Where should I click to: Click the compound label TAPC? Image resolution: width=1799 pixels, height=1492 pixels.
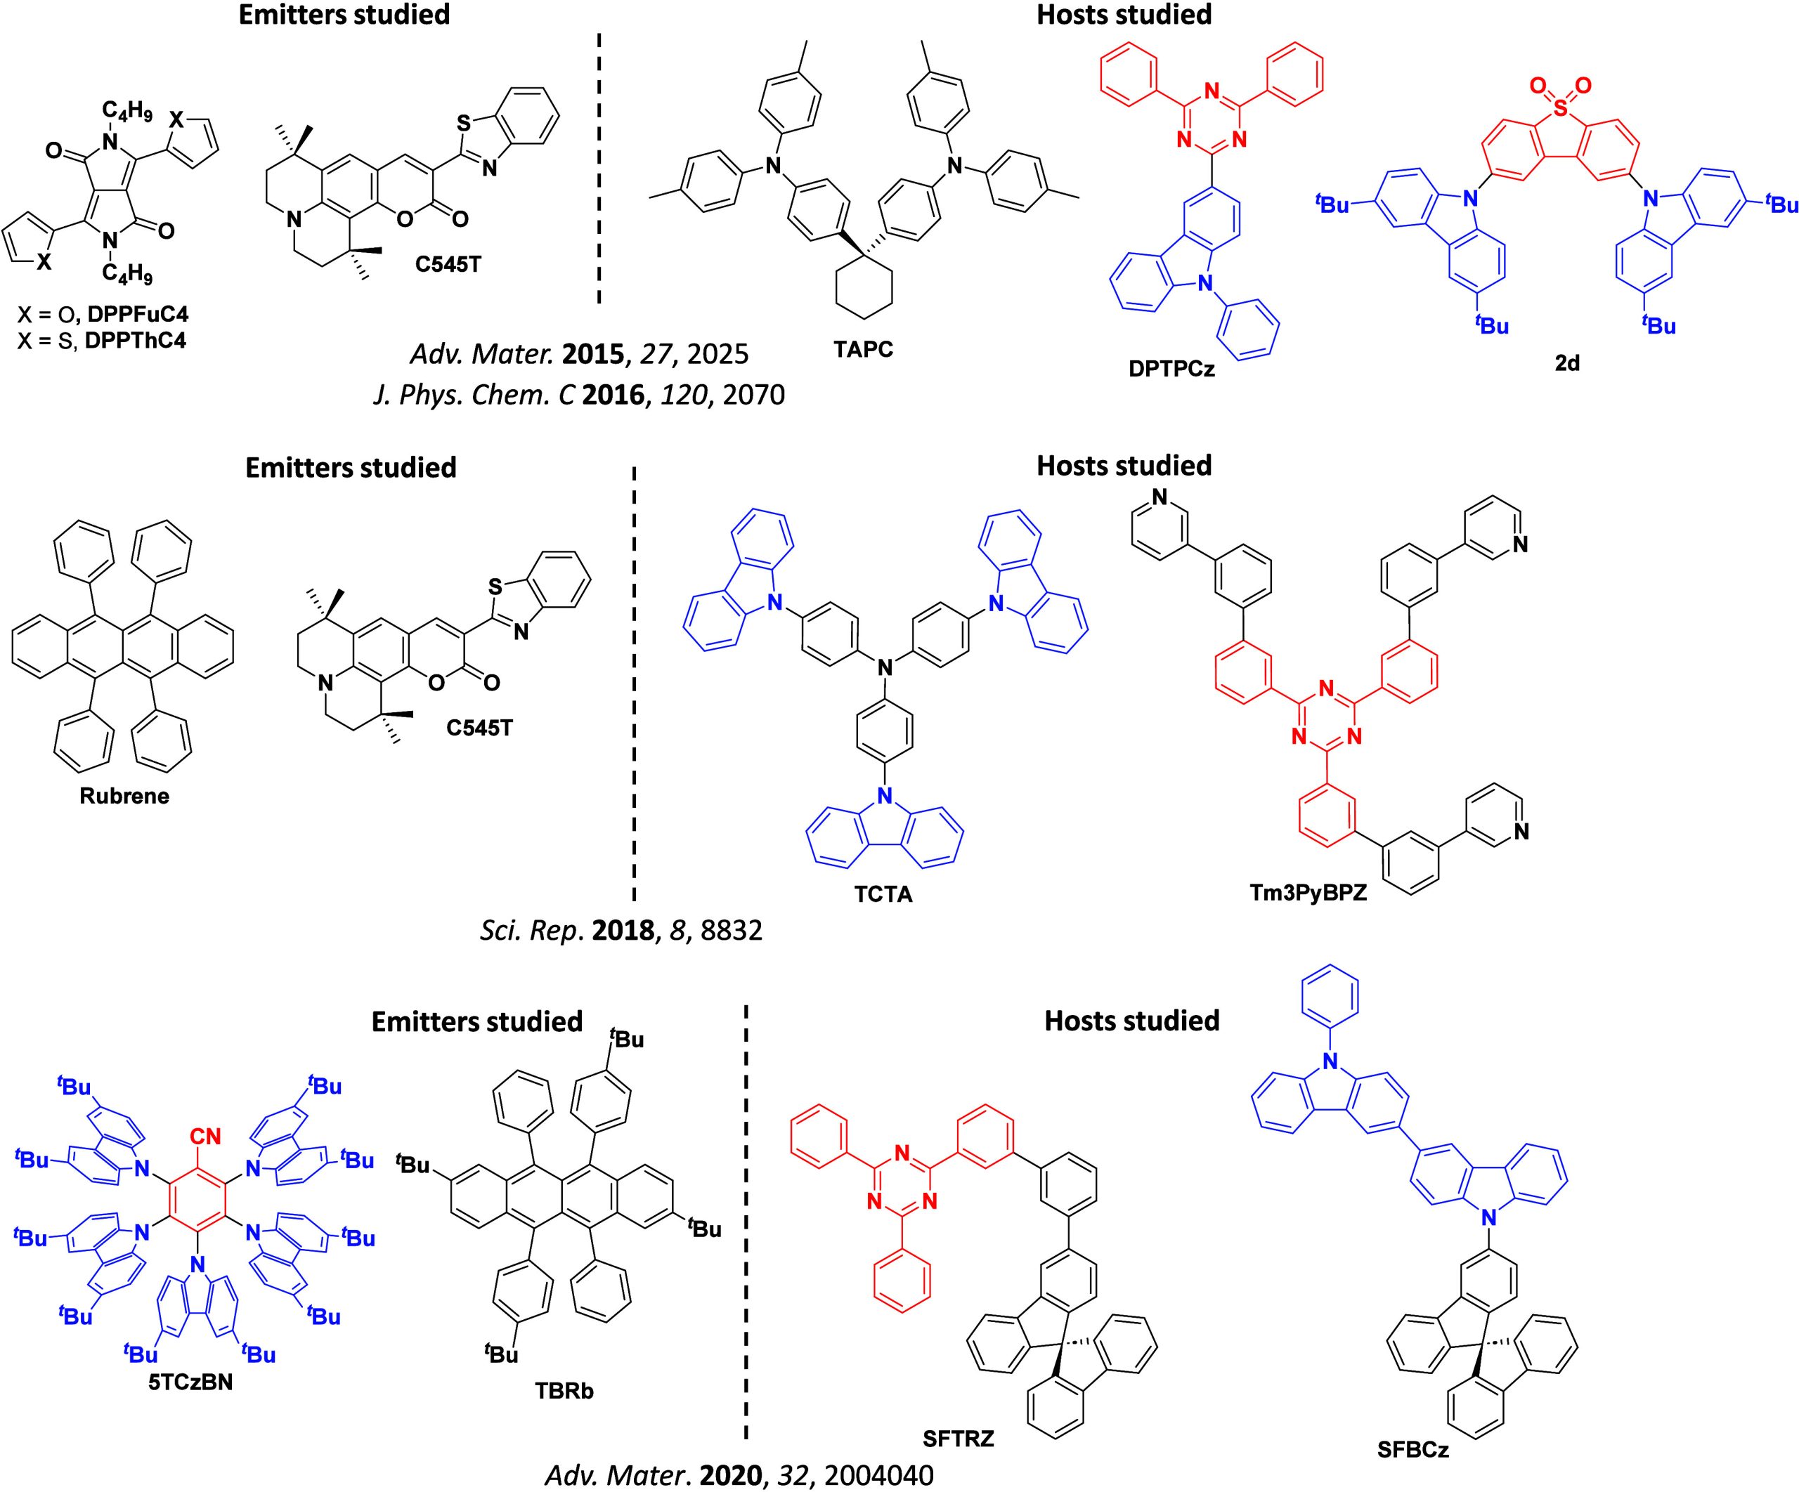pyautogui.click(x=863, y=349)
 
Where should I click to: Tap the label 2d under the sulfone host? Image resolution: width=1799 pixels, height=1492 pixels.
pyautogui.click(x=1567, y=363)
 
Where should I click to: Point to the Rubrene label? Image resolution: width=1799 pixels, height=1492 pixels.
pyautogui.click(x=124, y=796)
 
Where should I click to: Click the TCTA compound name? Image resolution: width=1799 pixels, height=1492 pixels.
pyautogui.click(x=883, y=894)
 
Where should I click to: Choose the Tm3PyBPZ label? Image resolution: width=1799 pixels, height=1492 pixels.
pyautogui.click(x=1308, y=892)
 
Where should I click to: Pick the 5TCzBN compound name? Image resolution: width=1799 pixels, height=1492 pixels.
pyautogui.click(x=190, y=1382)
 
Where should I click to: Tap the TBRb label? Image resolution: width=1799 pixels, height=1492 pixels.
pyautogui.click(x=564, y=1390)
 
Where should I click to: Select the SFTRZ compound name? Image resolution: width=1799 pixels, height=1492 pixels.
pyautogui.click(x=958, y=1438)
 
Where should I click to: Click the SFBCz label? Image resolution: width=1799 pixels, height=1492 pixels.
pyautogui.click(x=1412, y=1449)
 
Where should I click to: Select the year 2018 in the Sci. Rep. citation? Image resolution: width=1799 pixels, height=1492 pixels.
pyautogui.click(x=623, y=930)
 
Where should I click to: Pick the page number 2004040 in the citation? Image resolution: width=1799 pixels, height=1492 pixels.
pyautogui.click(x=878, y=1476)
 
